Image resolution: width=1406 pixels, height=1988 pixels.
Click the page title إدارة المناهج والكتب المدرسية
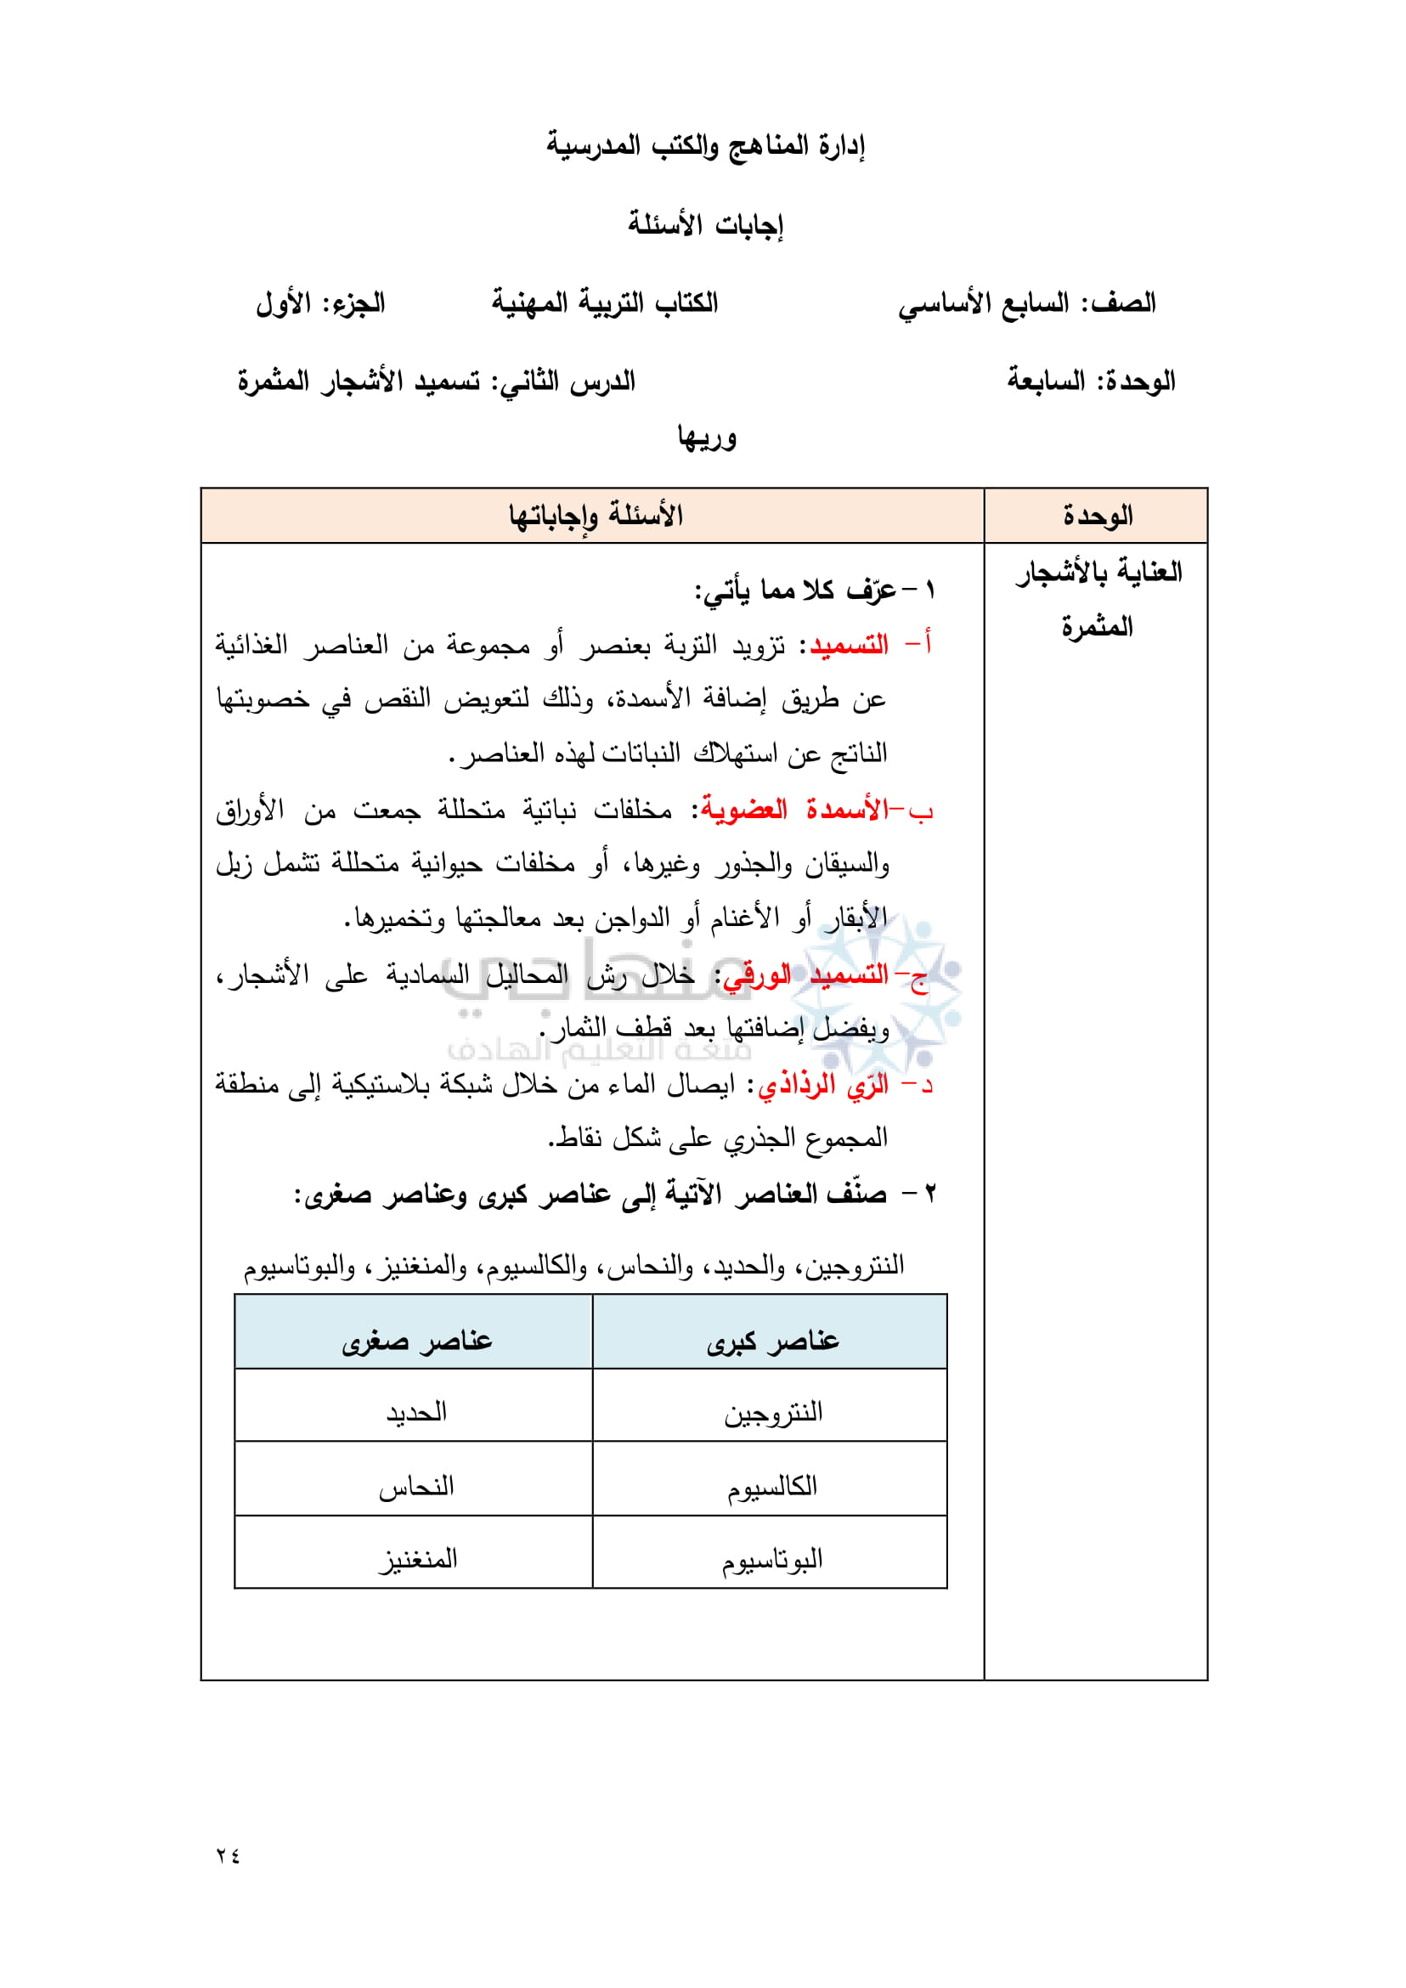[x=705, y=144]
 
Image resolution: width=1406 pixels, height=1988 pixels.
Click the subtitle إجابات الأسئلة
[x=705, y=224]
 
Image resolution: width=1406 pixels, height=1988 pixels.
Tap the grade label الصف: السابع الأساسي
[x=1027, y=303]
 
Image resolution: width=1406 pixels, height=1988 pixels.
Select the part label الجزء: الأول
[x=319, y=303]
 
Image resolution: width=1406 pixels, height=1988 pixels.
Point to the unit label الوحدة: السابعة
[x=1091, y=381]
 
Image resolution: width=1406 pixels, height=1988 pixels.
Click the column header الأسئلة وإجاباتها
[x=595, y=516]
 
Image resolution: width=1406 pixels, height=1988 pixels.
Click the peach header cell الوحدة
[x=1097, y=516]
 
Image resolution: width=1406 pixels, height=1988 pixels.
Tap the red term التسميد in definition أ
[x=849, y=645]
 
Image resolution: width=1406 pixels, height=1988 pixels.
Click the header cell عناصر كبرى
[x=772, y=1341]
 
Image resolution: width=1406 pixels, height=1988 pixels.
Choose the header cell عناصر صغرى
[x=416, y=1341]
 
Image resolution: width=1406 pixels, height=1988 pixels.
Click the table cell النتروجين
[x=772, y=1413]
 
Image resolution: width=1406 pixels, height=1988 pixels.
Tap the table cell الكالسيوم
[x=772, y=1487]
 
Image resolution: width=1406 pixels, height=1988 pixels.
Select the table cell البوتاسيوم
[x=772, y=1560]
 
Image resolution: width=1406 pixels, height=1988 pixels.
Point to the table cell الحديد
[x=416, y=1413]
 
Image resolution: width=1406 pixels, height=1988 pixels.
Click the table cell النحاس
[x=416, y=1487]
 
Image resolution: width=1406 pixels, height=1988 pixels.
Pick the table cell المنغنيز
[x=416, y=1560]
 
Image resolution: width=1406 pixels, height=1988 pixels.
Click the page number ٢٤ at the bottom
[x=228, y=1855]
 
